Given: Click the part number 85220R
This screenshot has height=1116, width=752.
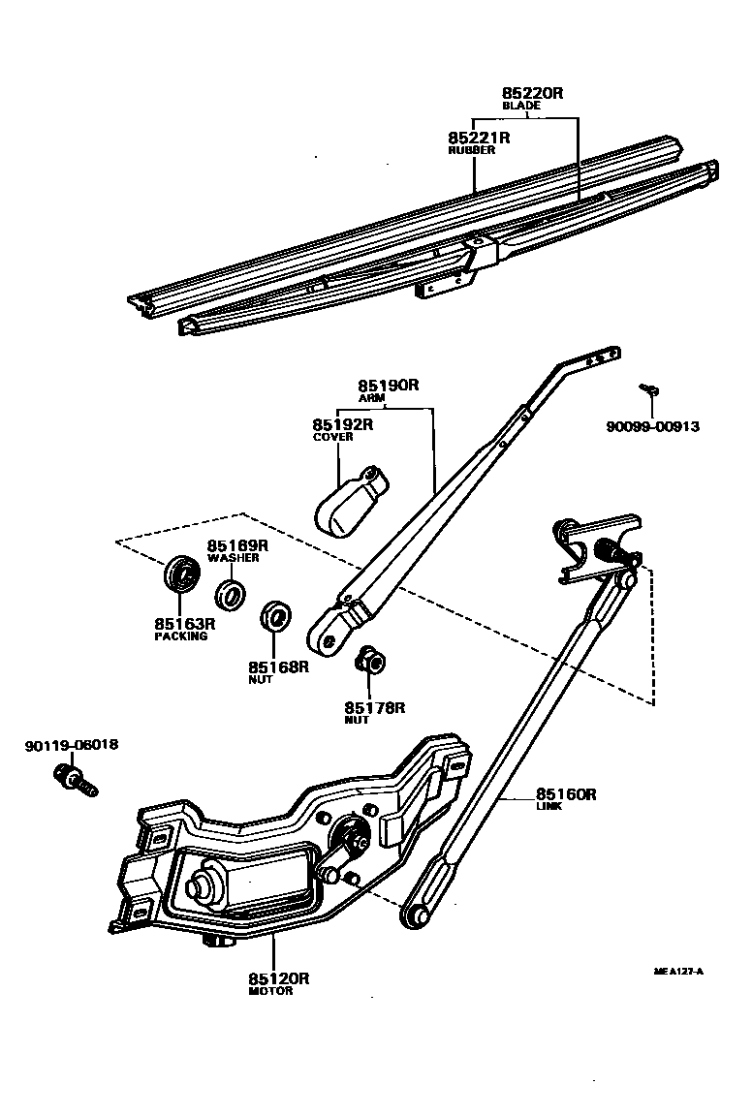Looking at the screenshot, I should point(532,93).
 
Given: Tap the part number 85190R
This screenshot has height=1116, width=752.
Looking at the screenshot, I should point(388,385).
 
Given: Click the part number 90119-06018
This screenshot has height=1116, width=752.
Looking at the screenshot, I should point(72,746).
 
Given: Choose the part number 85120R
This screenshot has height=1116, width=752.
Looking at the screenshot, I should point(278,978).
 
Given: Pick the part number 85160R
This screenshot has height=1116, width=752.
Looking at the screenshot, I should point(566,794).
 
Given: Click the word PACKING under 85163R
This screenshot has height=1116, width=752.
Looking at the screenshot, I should point(181,636).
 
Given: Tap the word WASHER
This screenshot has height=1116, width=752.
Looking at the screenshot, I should point(232,558).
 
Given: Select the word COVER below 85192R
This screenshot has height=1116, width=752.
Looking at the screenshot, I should point(332,437).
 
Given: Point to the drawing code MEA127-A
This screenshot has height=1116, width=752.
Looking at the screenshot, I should point(678,971).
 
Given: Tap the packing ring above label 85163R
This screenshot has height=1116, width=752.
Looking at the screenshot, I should point(180,573).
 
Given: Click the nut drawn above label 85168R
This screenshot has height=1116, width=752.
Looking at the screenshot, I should point(277,617).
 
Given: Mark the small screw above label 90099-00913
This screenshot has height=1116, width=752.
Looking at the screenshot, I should point(650,389).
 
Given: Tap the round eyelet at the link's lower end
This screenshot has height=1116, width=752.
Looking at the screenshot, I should point(416,914).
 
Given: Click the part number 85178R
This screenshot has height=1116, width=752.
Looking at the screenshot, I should point(374,708).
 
